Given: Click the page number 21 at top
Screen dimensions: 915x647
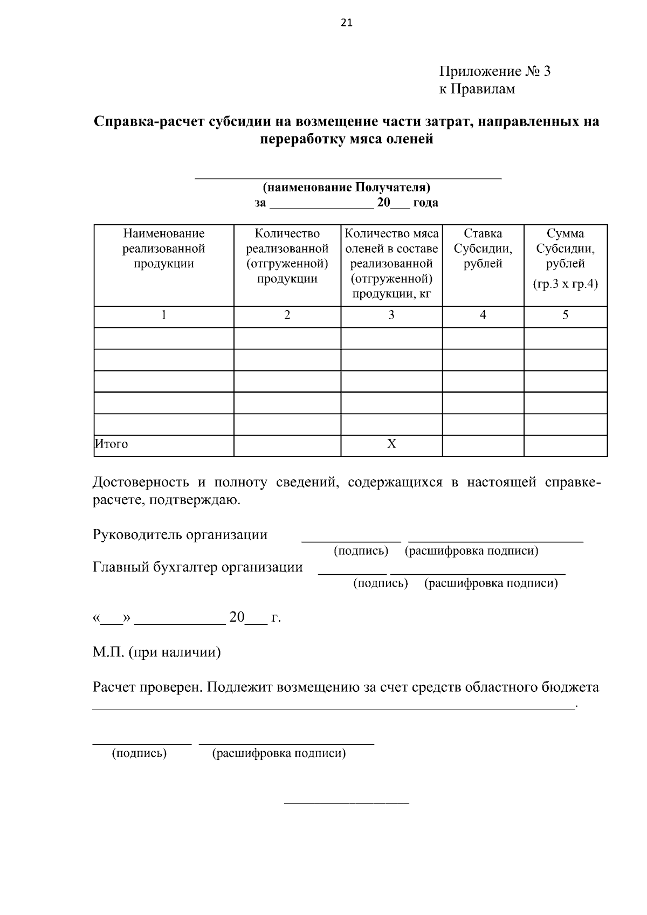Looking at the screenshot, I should click(347, 23).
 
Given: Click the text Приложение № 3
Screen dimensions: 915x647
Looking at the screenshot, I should click(494, 71).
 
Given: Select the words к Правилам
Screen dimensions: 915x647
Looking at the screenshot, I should click(477, 89).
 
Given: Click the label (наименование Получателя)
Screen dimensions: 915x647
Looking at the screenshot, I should click(346, 188).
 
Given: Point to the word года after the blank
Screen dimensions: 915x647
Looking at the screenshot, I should click(425, 203).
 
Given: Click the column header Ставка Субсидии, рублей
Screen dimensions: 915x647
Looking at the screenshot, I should click(483, 249).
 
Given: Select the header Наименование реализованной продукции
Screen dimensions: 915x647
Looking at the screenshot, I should click(164, 249).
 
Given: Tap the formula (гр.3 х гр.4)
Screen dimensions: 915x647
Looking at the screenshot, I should click(565, 284).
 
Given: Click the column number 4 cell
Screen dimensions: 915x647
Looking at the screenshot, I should click(483, 315).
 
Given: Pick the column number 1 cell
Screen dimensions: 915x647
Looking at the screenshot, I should click(164, 315).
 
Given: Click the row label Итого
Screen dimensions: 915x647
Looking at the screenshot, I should click(112, 444).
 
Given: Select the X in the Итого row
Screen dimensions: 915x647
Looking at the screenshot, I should click(391, 444).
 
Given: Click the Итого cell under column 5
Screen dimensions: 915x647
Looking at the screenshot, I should click(565, 445).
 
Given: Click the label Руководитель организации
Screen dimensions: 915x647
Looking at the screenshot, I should click(180, 535).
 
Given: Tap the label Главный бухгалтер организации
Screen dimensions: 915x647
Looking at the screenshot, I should click(198, 567).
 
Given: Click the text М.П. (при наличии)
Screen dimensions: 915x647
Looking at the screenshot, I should click(157, 652).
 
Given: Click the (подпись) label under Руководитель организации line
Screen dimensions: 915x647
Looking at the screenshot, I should click(361, 551).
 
